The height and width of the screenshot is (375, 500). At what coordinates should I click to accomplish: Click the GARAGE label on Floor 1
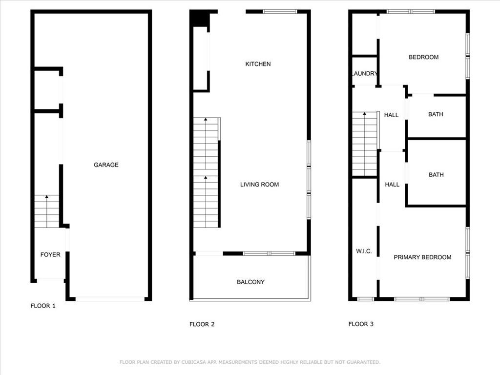click(x=106, y=165)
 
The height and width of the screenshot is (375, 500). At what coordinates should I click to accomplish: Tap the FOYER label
click(x=50, y=255)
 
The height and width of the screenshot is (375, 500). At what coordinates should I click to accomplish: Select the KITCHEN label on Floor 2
click(x=258, y=64)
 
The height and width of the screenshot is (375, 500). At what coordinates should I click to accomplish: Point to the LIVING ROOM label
click(x=260, y=185)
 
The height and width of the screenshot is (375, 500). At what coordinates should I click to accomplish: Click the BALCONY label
click(x=250, y=282)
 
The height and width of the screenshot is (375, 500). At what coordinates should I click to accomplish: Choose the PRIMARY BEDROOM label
click(x=422, y=257)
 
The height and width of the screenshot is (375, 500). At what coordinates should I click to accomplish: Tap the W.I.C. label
click(x=364, y=251)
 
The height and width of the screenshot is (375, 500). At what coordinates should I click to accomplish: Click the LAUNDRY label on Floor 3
click(x=364, y=74)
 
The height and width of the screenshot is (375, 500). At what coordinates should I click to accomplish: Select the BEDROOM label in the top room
click(x=423, y=58)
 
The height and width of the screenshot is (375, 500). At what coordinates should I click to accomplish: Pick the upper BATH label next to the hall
click(x=436, y=114)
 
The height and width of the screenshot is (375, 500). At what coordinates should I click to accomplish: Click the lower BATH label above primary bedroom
click(x=436, y=175)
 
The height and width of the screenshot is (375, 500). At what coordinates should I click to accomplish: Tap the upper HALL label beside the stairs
click(x=391, y=115)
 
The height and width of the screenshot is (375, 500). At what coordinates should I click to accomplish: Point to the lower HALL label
click(x=392, y=185)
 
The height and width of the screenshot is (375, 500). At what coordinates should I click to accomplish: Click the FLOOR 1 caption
click(x=43, y=306)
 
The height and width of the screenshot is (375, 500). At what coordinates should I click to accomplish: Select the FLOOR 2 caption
click(x=202, y=325)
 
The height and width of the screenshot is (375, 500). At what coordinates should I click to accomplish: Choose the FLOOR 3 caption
click(x=361, y=324)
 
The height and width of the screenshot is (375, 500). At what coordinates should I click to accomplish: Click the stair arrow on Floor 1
click(x=47, y=211)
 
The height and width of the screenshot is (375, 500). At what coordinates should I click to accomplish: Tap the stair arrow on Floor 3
click(x=364, y=144)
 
